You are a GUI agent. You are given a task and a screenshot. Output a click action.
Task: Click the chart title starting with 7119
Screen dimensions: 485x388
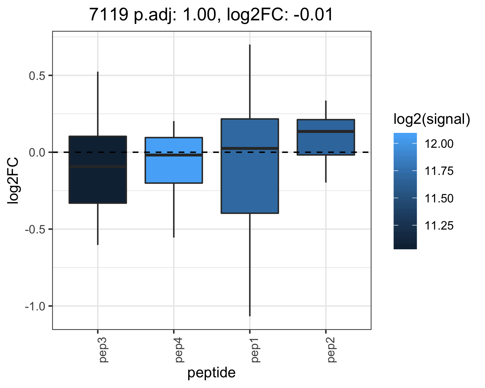coord(211,15)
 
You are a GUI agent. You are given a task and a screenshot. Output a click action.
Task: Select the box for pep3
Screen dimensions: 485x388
coord(98,169)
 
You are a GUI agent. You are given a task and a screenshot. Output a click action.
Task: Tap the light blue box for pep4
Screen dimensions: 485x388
coord(174,160)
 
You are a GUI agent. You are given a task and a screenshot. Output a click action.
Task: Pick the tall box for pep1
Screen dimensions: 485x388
coord(250,166)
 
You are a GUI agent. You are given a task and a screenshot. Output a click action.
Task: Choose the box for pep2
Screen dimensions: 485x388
coord(326,137)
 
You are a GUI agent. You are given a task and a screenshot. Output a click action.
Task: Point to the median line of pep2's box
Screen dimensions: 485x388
coord(326,131)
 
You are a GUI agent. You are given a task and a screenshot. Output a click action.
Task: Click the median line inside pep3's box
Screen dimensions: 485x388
coord(98,167)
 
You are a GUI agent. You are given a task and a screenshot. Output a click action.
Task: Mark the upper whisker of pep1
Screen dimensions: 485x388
coord(250,81)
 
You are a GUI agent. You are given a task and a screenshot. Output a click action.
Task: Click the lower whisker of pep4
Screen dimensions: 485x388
coord(174,210)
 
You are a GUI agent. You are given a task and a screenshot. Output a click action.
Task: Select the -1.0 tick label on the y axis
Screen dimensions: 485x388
coord(35,307)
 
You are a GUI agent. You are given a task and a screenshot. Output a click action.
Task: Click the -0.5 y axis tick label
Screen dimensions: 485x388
coord(35,230)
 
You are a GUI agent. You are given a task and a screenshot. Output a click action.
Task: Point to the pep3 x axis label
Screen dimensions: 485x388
coord(104,350)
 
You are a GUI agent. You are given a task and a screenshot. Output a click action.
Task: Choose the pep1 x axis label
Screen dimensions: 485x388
coord(255,350)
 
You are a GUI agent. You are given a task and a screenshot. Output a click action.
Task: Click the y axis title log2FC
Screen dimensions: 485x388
coord(13,181)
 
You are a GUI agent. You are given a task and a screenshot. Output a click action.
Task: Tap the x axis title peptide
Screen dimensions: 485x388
coord(211,372)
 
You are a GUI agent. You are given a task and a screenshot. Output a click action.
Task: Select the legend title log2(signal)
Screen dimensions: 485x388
coord(432,119)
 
